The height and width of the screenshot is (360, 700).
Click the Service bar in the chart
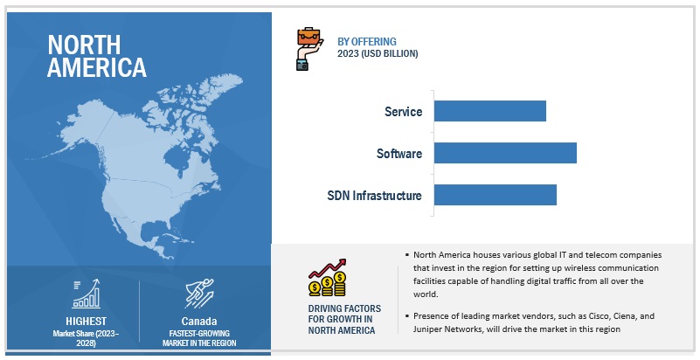[489, 111]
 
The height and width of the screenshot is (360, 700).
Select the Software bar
[505, 153]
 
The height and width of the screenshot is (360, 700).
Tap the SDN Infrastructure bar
[496, 195]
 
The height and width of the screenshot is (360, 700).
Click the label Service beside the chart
[403, 112]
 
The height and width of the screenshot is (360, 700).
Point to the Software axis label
[399, 154]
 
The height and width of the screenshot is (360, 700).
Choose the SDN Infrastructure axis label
[374, 196]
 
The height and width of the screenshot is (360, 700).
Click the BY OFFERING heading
[366, 41]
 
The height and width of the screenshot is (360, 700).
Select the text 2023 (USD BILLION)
[378, 53]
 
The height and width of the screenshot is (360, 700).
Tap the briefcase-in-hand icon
[309, 49]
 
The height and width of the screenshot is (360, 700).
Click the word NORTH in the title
[84, 45]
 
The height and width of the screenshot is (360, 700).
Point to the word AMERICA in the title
[97, 67]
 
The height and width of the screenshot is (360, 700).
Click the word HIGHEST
[87, 322]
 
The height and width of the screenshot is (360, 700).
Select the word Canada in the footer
[199, 322]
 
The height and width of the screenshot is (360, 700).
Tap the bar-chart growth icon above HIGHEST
[87, 294]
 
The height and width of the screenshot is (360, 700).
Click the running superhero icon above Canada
[199, 294]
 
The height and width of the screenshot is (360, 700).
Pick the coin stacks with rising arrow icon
[327, 278]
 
